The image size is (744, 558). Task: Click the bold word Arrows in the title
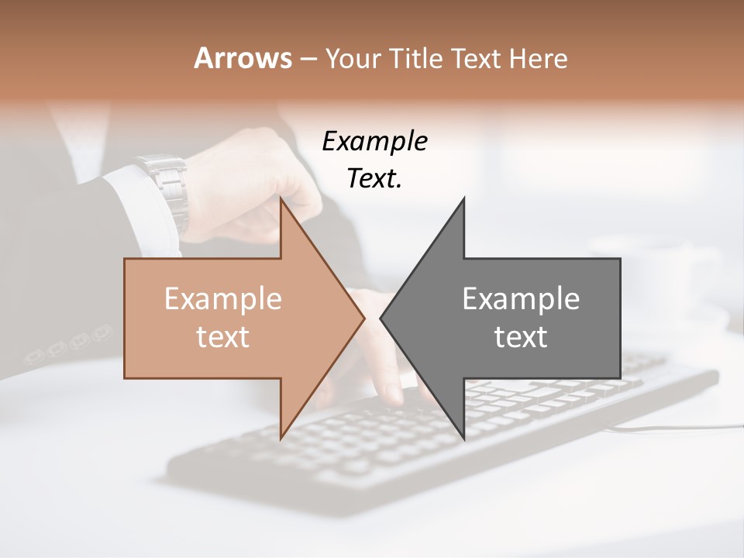pos(243,58)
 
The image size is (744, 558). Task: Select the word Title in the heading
pos(419,58)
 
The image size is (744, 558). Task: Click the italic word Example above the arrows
pos(374,141)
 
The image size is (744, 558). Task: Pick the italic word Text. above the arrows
pos(374,178)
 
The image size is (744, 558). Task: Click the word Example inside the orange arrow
pos(222,298)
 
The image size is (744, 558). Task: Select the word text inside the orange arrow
pos(222,336)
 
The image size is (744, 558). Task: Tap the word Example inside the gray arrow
pos(521,298)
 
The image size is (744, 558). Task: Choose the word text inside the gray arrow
pos(521,336)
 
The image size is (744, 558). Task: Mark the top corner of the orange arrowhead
pos(281,200)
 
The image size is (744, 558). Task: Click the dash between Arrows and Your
pos(308,59)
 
